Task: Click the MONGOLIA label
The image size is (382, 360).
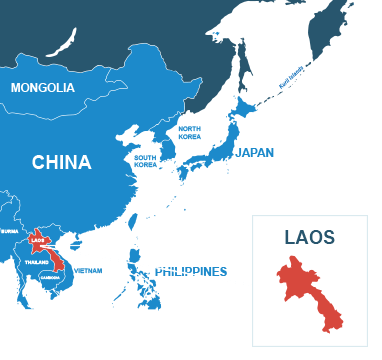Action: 42,88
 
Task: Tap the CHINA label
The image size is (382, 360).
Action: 61,162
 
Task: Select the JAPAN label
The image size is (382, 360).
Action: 254,153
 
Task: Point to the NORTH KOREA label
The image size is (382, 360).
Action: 189,134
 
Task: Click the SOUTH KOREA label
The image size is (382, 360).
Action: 145,160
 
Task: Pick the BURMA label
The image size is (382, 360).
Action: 10,231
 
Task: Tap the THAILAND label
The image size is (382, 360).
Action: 37,261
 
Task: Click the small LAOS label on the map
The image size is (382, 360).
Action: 38,240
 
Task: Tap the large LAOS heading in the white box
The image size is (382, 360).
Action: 309,238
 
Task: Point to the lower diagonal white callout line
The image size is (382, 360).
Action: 160,265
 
